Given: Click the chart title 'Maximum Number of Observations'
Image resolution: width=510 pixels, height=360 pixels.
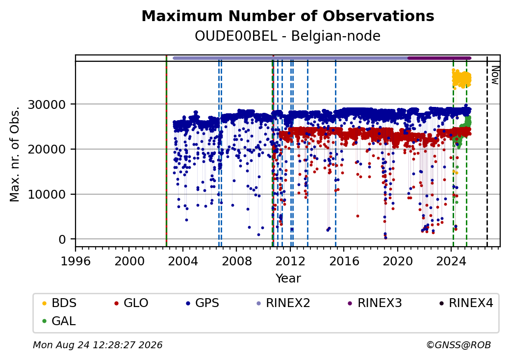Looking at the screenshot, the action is pyautogui.click(x=288, y=16).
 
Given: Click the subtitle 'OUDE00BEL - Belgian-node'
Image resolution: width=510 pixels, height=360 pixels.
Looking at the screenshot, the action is pyautogui.click(x=287, y=36).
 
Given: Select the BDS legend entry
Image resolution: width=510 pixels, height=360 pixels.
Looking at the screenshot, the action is pyautogui.click(x=59, y=303).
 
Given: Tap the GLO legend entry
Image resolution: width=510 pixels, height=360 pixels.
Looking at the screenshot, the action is pyautogui.click(x=131, y=303).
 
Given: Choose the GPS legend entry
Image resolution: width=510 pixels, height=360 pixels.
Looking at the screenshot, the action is pyautogui.click(x=203, y=303).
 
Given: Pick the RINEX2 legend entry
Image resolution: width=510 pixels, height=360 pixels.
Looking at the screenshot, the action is pyautogui.click(x=283, y=303).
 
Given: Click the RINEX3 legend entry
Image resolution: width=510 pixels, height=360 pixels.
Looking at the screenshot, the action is pyautogui.click(x=375, y=303).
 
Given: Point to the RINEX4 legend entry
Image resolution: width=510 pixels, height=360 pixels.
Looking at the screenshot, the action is pyautogui.click(x=466, y=303).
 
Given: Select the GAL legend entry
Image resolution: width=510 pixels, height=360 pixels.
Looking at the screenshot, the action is pyautogui.click(x=59, y=321).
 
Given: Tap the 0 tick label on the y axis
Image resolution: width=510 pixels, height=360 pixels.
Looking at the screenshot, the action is pyautogui.click(x=62, y=239).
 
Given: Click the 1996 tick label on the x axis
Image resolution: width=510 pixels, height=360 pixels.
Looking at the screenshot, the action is pyautogui.click(x=76, y=261).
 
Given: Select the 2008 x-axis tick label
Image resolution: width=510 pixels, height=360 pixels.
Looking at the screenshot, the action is pyautogui.click(x=236, y=261).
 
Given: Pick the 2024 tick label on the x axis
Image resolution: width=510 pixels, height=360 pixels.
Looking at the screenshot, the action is pyautogui.click(x=451, y=261).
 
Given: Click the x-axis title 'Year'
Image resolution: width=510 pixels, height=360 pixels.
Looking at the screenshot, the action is pyautogui.click(x=288, y=279).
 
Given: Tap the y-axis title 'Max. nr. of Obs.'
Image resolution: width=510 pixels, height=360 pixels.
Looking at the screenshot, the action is pyautogui.click(x=15, y=154).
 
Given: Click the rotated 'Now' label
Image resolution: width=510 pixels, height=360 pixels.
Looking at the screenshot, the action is pyautogui.click(x=495, y=75).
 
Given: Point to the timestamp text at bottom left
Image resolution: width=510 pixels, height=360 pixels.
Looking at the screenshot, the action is pyautogui.click(x=98, y=345).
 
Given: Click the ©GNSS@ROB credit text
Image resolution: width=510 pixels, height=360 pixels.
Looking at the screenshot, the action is pyautogui.click(x=459, y=345).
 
